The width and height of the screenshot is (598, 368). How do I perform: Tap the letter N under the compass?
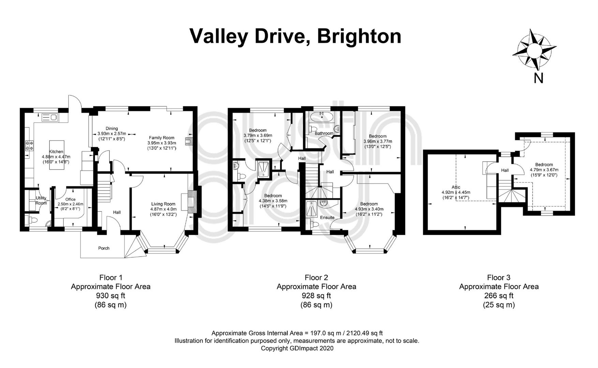pos(538,78)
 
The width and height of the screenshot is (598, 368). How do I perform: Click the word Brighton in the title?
pos(359,36)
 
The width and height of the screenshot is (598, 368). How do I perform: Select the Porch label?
pos(104,248)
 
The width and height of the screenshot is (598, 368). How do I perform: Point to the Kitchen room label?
pos(56,152)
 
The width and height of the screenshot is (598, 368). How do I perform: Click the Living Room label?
pos(163,204)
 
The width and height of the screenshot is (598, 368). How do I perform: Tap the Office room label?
pos(71,199)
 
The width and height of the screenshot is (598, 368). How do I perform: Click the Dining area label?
pos(111,128)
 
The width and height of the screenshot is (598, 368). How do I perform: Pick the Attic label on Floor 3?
pos(456,187)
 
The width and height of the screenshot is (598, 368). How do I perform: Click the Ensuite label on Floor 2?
pos(327,217)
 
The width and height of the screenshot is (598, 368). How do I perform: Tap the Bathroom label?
pos(324,133)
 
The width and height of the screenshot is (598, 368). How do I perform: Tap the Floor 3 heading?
pos(498,277)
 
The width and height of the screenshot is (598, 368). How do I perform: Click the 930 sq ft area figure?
pos(110,295)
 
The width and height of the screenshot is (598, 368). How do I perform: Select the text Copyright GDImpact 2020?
pos(297,348)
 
